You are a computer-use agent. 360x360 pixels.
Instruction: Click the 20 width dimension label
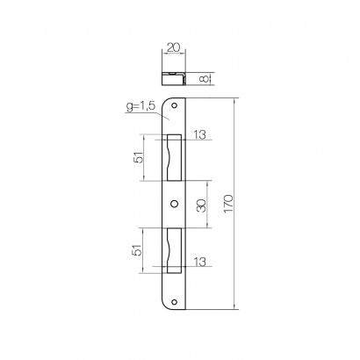click(x=174, y=47)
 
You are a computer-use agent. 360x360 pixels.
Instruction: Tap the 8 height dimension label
click(x=205, y=79)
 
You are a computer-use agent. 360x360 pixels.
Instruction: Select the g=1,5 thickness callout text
click(x=140, y=107)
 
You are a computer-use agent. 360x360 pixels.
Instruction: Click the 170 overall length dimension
click(x=228, y=204)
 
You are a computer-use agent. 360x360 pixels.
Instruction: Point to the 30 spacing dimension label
click(x=201, y=205)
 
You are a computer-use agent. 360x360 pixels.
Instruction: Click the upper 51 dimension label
click(x=140, y=157)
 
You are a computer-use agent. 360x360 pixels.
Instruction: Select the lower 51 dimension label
click(x=137, y=250)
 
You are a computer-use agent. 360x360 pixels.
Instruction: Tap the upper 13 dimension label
click(x=199, y=134)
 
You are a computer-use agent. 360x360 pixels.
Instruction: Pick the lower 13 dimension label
click(x=199, y=262)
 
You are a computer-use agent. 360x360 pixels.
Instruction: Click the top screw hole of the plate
click(x=175, y=105)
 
